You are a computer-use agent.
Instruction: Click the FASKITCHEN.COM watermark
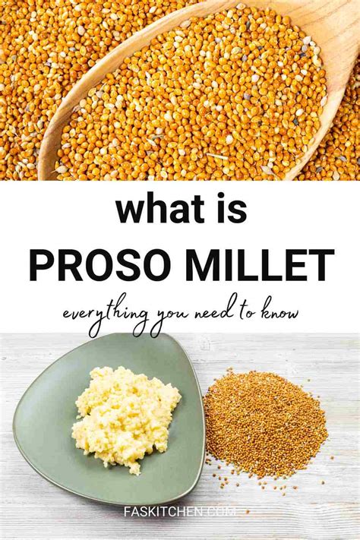coord(180,511)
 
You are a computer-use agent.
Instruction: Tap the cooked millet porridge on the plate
coord(126,418)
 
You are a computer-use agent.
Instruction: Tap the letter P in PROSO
coord(40,266)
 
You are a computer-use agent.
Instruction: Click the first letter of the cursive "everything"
coord(66,315)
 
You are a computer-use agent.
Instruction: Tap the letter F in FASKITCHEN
coord(127,511)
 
